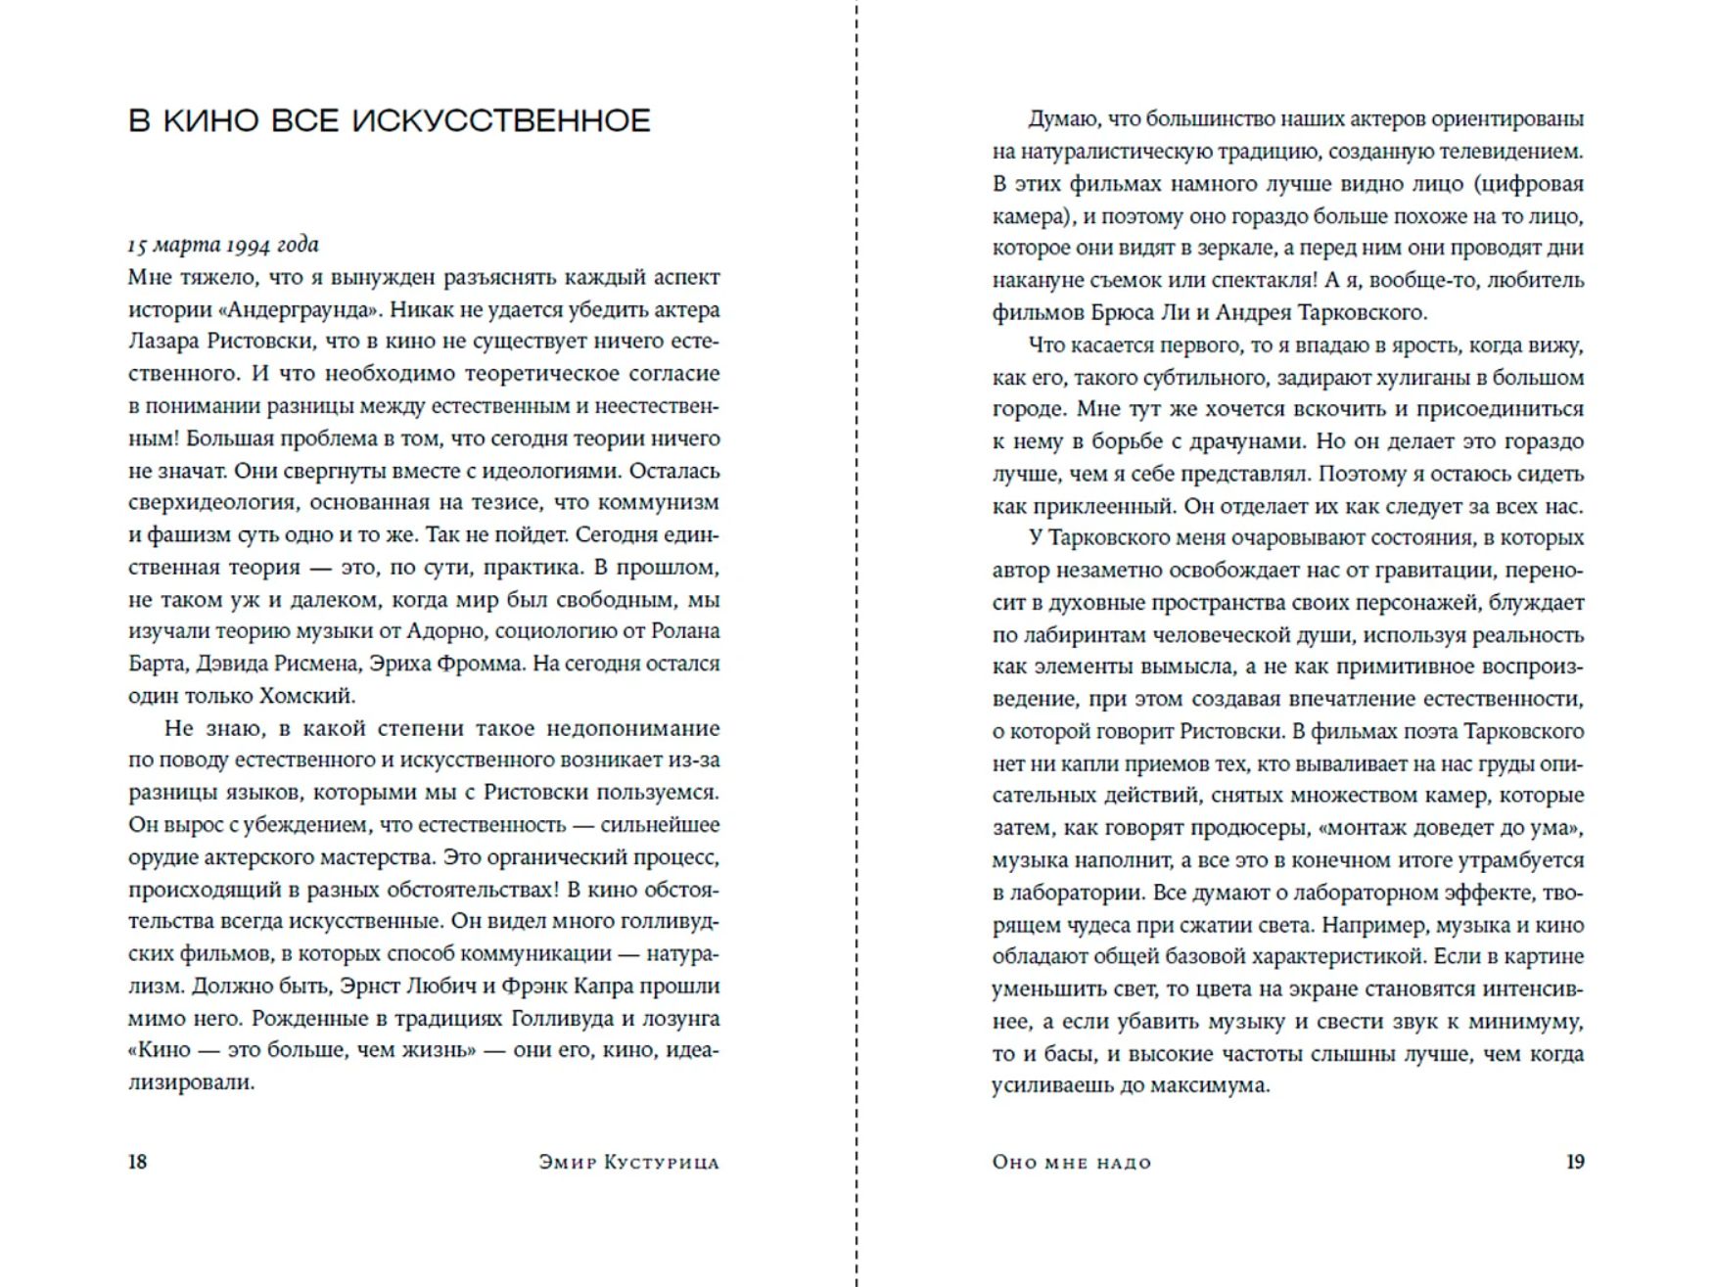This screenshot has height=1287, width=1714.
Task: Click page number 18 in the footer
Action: pyautogui.click(x=137, y=1162)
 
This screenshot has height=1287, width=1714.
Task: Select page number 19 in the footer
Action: pyautogui.click(x=1574, y=1162)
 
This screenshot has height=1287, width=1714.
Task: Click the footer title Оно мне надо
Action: pyautogui.click(x=1071, y=1163)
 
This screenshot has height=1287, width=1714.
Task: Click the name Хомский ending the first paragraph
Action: pyautogui.click(x=305, y=696)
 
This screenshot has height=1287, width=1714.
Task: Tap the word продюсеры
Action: pyautogui.click(x=1249, y=828)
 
